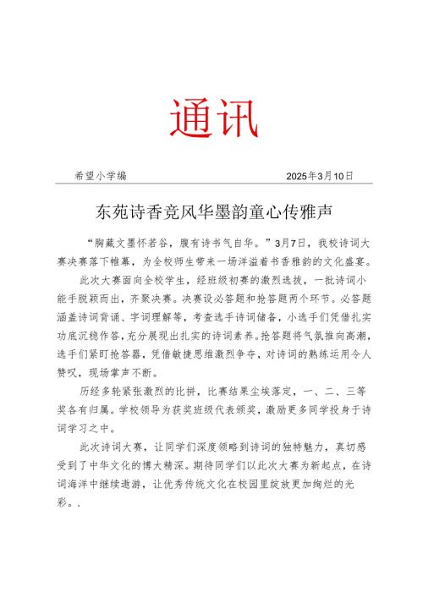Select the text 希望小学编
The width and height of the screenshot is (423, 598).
(102, 176)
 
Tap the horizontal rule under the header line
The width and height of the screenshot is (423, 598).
(211, 185)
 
